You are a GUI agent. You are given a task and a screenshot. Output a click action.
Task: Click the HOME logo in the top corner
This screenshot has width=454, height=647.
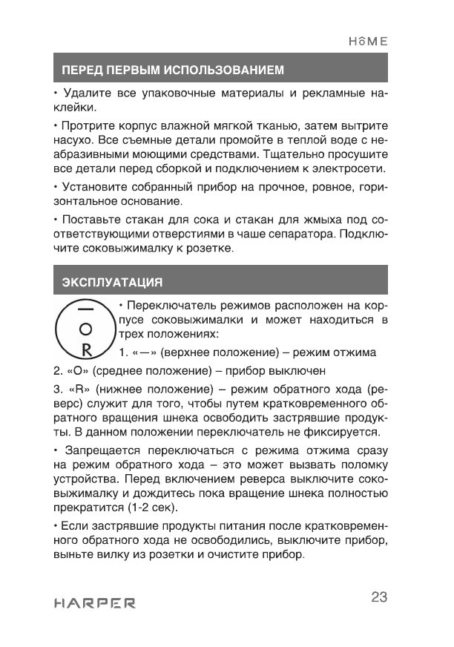pos(367,42)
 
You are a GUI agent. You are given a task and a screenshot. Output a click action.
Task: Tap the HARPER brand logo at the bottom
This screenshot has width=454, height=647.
pos(94,602)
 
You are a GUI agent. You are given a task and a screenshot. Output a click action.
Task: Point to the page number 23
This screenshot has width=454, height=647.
pos(379,598)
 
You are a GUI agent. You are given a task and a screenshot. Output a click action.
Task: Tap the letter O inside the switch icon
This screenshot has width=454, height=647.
pos(86,328)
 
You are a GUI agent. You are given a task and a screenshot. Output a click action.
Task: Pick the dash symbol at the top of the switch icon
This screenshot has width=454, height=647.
pos(86,308)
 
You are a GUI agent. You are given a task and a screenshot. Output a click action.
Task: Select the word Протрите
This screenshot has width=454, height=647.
pos(88,125)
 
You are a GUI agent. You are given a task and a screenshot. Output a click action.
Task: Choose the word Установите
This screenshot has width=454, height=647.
pos(95,187)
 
